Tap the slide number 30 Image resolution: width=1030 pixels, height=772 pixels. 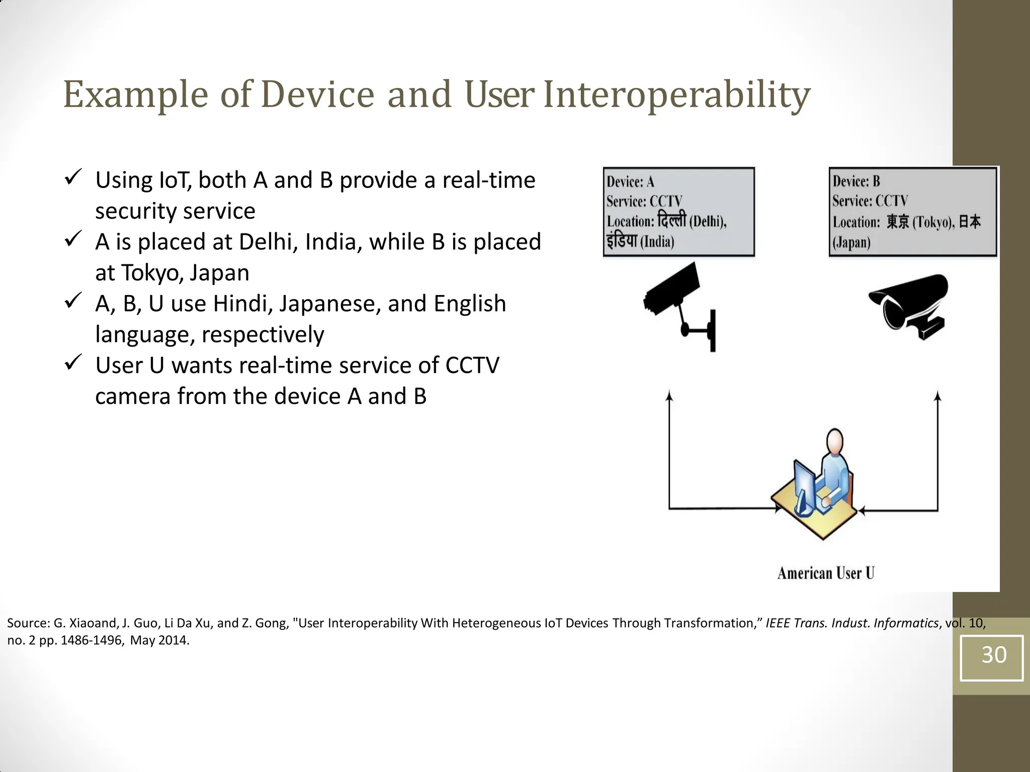point(993,655)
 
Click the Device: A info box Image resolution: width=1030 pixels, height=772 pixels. point(678,212)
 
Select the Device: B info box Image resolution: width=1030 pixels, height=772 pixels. point(912,212)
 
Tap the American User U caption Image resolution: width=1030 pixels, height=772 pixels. point(825,573)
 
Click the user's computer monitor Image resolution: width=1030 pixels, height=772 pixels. point(804,485)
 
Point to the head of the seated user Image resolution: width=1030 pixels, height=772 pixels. point(835,441)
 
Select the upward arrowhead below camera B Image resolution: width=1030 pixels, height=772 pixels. point(937,396)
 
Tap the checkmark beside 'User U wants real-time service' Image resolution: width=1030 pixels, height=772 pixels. point(73,362)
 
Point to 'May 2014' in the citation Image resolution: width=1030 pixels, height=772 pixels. point(159,641)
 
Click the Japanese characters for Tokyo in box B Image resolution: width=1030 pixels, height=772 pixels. point(897,222)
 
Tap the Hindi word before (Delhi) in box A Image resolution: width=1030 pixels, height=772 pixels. point(671,220)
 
